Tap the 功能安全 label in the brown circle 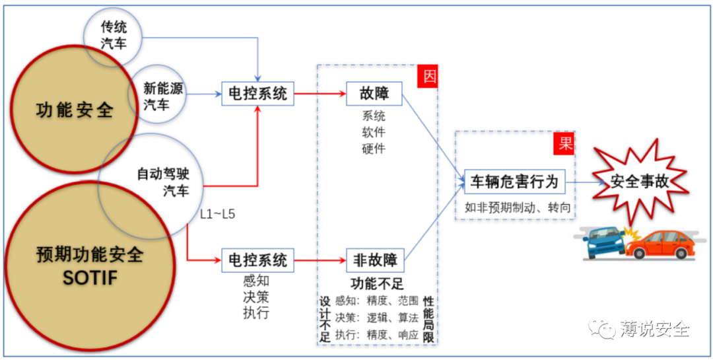tap(74, 109)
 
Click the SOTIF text tap(90, 278)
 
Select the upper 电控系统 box tap(257, 94)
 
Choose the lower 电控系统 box tap(257, 260)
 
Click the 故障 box tap(374, 94)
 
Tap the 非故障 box tap(374, 260)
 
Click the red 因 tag tap(429, 76)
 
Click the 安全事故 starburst tap(639, 182)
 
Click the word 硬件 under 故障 tap(374, 148)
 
